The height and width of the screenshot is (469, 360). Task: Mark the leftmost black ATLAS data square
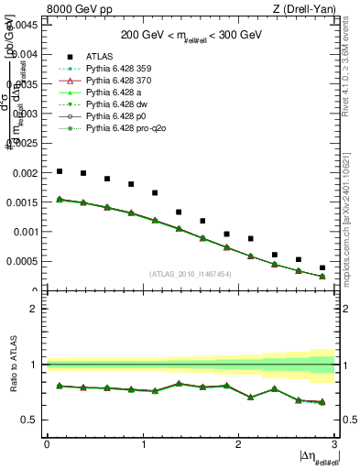(60, 171)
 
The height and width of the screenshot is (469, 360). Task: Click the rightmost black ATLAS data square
(322, 267)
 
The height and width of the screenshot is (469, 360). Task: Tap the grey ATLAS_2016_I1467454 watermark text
(191, 274)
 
